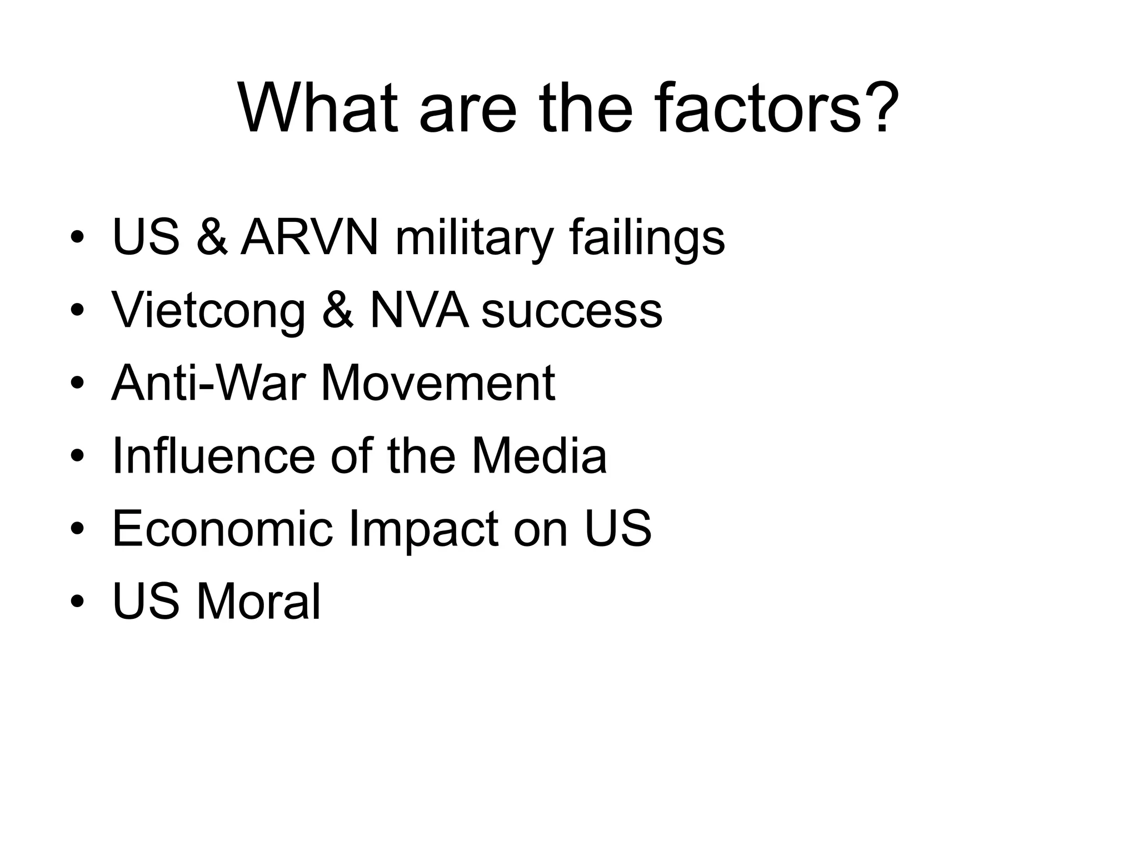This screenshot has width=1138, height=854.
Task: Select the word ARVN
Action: coord(310,238)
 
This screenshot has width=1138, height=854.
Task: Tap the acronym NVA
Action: coord(418,310)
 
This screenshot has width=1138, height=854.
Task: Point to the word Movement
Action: coord(438,383)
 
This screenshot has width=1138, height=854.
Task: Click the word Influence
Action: coord(213,456)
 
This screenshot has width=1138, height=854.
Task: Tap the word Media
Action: coord(538,456)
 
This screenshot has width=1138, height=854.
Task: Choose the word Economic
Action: coord(222,529)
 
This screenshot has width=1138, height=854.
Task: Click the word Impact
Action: coord(423,530)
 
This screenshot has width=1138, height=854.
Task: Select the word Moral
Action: coord(258,602)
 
